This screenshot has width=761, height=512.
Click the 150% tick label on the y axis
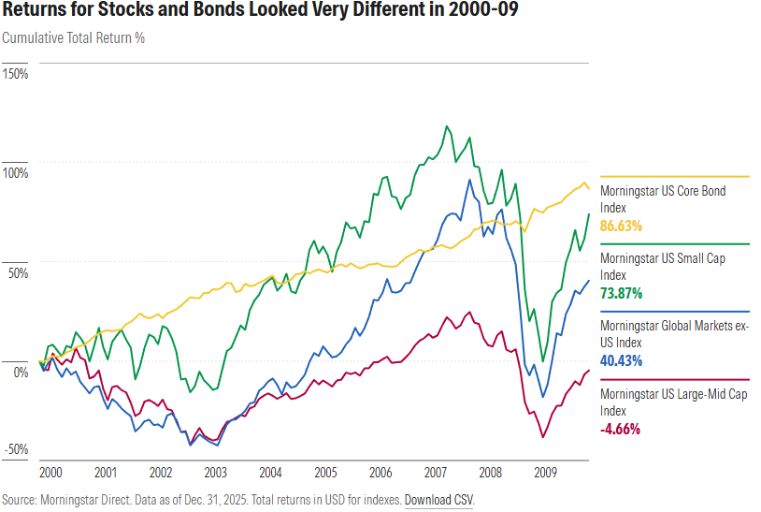[x=16, y=73]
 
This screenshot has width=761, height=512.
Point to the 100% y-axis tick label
[x=16, y=173]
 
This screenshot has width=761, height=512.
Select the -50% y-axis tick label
[x=16, y=450]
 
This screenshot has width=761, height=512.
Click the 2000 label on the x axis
[x=50, y=473]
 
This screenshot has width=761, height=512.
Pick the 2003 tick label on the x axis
[x=215, y=473]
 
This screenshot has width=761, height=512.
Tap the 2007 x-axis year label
[x=436, y=473]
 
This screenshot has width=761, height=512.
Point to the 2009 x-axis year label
[x=546, y=473]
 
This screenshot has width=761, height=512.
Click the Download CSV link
[x=438, y=500]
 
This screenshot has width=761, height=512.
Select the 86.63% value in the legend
[x=625, y=226]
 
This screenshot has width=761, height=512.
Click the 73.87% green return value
[x=625, y=293]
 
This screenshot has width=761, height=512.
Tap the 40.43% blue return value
[x=625, y=360]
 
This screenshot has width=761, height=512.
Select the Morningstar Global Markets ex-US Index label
[x=674, y=333]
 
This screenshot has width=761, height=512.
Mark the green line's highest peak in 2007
[x=447, y=125]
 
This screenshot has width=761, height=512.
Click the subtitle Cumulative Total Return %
[x=74, y=38]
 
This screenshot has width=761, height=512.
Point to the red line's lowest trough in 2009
[x=542, y=437]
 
